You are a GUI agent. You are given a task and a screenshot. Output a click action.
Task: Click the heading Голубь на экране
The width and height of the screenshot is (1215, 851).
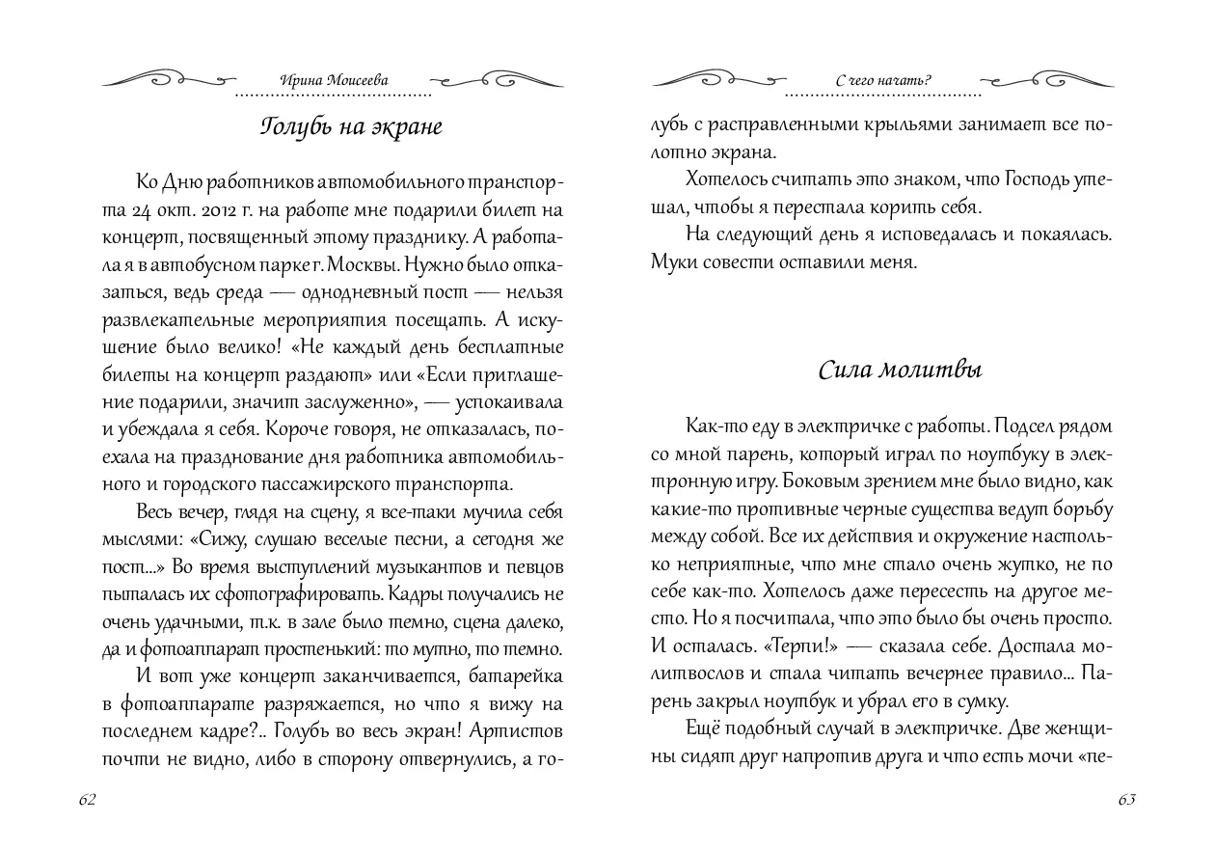[351, 127]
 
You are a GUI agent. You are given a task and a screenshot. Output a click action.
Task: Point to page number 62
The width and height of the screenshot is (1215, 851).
[87, 801]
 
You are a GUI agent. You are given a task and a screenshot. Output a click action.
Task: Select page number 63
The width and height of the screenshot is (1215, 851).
[1126, 801]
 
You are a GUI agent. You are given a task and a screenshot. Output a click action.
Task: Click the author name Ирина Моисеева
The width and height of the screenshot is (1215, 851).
[334, 81]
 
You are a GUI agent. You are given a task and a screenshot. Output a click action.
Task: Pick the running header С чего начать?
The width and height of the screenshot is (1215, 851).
[884, 81]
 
